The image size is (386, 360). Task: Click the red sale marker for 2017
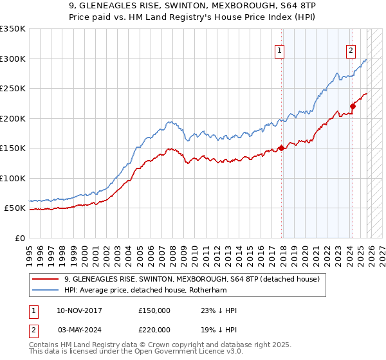click(282, 148)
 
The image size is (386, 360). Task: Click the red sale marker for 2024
click(353, 107)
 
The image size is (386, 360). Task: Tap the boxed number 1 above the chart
click(280, 52)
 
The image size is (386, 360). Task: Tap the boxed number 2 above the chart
click(351, 52)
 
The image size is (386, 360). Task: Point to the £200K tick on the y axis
click(13, 118)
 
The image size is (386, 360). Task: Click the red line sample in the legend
click(46, 280)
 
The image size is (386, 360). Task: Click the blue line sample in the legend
click(46, 290)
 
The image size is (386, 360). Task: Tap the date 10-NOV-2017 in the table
click(79, 310)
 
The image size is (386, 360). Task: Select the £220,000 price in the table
click(154, 328)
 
